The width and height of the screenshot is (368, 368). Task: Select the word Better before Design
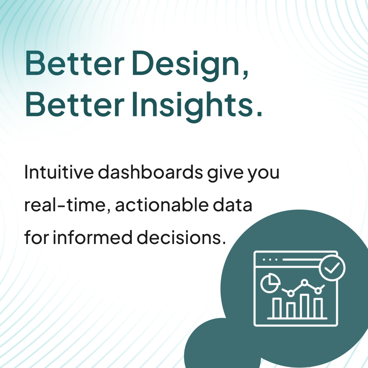74,63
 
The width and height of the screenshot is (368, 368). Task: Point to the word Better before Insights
74,103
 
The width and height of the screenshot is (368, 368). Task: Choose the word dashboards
150,172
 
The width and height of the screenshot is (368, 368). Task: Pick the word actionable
162,204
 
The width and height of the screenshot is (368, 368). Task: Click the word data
233,204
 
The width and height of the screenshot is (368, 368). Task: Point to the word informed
93,237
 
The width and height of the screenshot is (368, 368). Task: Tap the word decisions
181,237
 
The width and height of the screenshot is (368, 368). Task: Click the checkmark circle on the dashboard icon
332,267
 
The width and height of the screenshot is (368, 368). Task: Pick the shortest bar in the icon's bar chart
291,310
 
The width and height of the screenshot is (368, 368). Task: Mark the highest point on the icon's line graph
304,282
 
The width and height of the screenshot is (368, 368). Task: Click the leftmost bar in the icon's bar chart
277,308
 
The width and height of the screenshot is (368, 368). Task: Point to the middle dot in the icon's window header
270,260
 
